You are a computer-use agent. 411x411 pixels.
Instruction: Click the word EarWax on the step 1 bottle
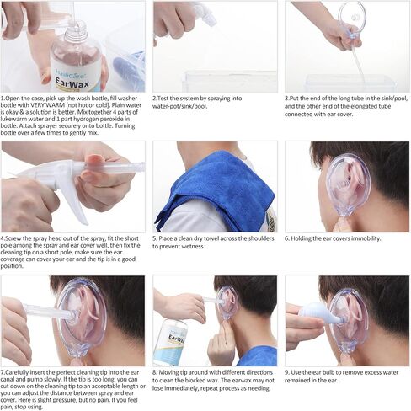[72, 82]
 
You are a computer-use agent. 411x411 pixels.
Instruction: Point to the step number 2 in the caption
[154, 99]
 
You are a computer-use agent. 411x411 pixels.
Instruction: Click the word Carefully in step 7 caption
[17, 373]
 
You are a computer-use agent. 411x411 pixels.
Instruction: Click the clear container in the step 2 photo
[230, 82]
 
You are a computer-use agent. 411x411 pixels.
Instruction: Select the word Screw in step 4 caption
[13, 238]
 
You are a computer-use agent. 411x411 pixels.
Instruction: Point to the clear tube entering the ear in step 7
[49, 311]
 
